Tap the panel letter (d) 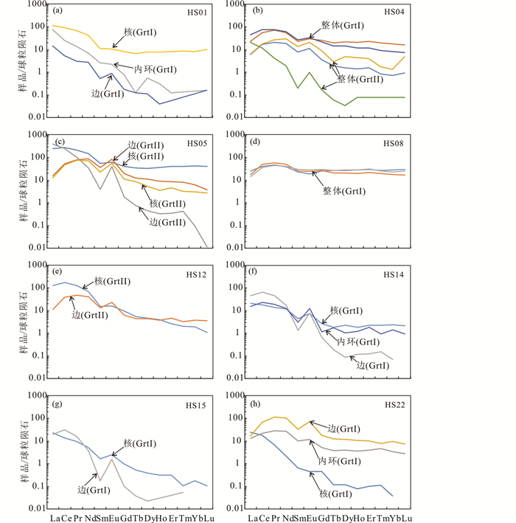259,142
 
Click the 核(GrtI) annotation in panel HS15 137,443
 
